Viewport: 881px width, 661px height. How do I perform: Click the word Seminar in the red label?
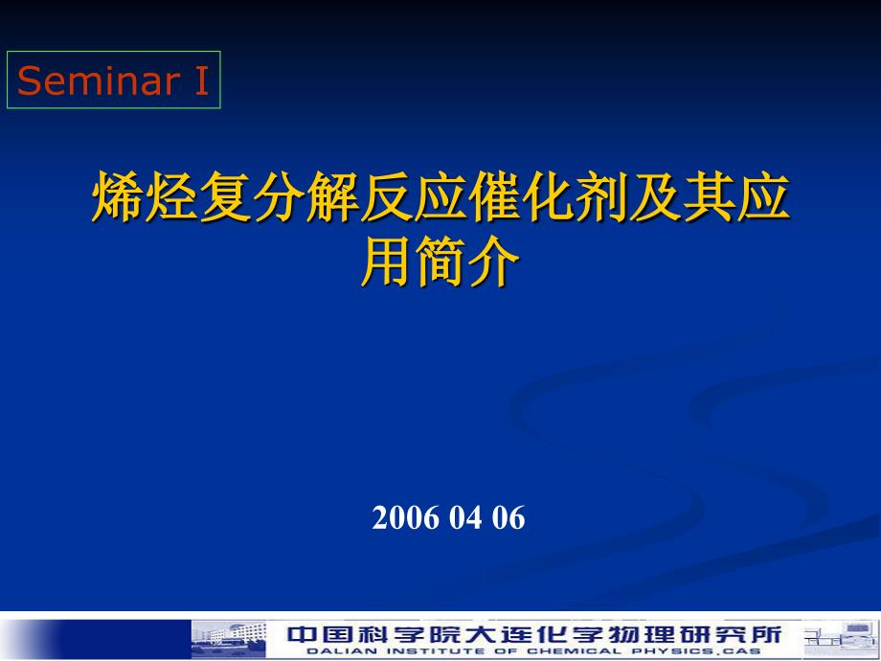pyautogui.click(x=98, y=80)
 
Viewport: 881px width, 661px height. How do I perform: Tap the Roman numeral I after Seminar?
pyautogui.click(x=202, y=80)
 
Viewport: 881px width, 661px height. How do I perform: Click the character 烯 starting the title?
pyautogui.click(x=117, y=197)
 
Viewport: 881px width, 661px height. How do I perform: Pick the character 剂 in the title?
pyautogui.click(x=601, y=197)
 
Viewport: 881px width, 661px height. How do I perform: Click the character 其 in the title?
pyautogui.click(x=710, y=197)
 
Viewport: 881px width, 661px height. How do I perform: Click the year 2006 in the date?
pyautogui.click(x=406, y=517)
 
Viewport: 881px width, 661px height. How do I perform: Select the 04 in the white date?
pyautogui.click(x=465, y=517)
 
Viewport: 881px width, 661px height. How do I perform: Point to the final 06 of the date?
pyautogui.click(x=509, y=517)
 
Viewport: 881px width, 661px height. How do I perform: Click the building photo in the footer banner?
pyautogui.click(x=229, y=640)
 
